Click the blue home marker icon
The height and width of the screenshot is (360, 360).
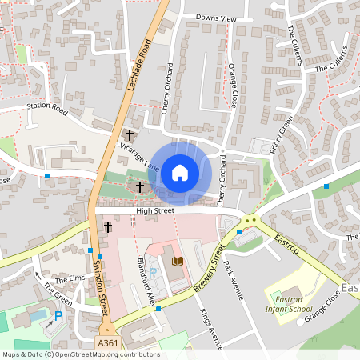click(x=180, y=171)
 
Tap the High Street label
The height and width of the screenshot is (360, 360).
click(x=154, y=210)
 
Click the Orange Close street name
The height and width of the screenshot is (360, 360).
click(x=233, y=86)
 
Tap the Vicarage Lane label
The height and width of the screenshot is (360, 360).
click(x=140, y=155)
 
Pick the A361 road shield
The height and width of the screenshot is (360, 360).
click(x=109, y=342)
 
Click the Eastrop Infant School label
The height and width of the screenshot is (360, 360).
click(x=290, y=302)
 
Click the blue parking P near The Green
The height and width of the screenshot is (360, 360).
click(x=58, y=315)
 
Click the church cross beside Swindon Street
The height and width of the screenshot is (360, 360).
click(x=107, y=227)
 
